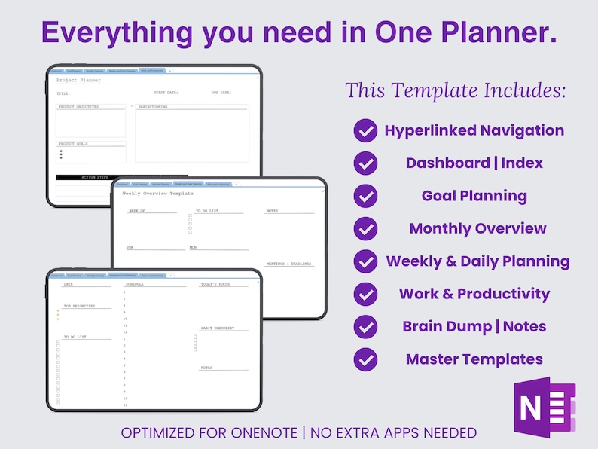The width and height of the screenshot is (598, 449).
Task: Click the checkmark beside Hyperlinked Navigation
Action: click(365, 130)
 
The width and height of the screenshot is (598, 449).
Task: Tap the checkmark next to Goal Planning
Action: click(365, 196)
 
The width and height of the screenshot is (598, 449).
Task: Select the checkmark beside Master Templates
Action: click(365, 359)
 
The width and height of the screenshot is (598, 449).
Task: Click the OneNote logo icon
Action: click(544, 406)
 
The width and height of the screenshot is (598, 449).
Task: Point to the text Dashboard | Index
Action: click(474, 163)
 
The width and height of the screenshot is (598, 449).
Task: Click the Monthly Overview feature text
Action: click(477, 228)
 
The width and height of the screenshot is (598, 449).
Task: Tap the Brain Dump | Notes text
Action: click(474, 326)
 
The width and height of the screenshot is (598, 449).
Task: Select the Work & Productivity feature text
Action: click(474, 294)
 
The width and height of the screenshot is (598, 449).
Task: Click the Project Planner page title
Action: click(78, 79)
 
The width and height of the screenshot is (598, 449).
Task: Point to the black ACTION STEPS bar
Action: click(100, 178)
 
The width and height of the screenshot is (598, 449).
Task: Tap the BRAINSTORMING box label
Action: click(154, 107)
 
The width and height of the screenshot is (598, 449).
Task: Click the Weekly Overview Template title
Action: click(157, 194)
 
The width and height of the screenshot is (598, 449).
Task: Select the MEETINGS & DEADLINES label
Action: click(289, 264)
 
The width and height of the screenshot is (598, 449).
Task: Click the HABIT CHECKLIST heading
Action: click(217, 328)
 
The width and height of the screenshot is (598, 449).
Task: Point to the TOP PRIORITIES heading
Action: click(81, 307)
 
